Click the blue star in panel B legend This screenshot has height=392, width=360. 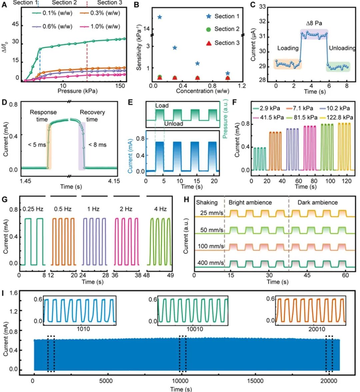209,16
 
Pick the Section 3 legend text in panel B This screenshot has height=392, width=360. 227,43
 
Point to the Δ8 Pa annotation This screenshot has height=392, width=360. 314,23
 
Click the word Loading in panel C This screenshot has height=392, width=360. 288,48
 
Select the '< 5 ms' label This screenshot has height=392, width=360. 37,145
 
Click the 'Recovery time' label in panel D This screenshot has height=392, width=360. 92,116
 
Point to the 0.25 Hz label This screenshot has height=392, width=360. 33,209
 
